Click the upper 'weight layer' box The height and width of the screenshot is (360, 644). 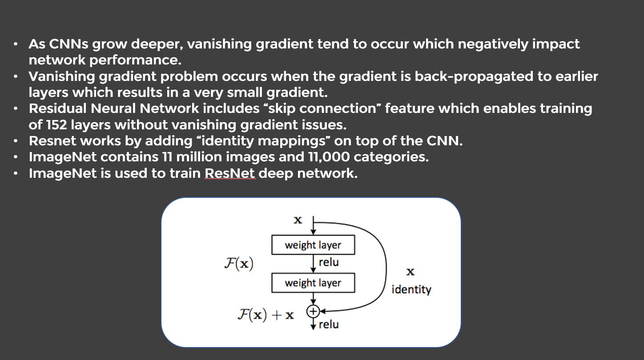313,245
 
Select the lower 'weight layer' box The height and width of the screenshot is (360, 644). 313,283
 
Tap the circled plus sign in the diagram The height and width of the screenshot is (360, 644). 313,312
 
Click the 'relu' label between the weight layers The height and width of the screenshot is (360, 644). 329,262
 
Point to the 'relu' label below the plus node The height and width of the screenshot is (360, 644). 329,324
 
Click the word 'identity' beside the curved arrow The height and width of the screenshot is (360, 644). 411,290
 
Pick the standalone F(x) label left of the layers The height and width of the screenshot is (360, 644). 238,264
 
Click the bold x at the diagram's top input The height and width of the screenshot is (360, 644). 298,220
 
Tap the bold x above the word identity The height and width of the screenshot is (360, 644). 411,271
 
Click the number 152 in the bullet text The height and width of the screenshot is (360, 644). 55,125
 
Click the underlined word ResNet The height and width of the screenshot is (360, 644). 230,173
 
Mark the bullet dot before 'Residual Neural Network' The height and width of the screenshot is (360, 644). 16,109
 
